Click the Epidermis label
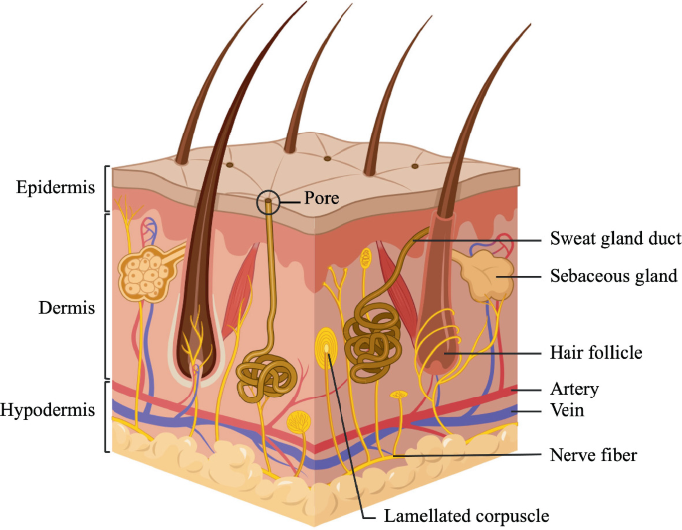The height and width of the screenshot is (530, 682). pyautogui.click(x=50, y=187)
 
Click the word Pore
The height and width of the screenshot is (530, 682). pyautogui.click(x=322, y=199)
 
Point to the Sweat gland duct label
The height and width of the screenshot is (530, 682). pyautogui.click(x=601, y=240)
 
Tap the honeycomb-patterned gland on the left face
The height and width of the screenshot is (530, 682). pyautogui.click(x=146, y=274)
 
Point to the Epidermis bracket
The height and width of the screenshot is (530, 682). pyautogui.click(x=106, y=188)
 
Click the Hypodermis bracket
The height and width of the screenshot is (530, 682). pyautogui.click(x=106, y=416)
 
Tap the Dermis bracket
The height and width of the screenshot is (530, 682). pyautogui.click(x=106, y=295)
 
